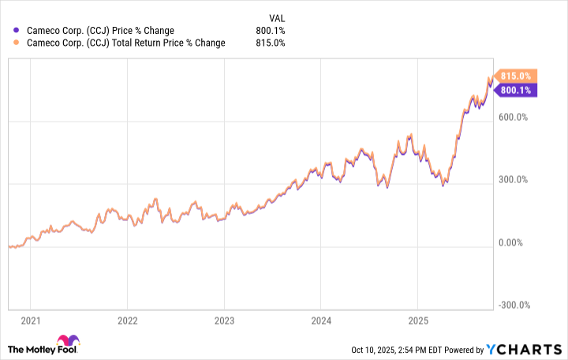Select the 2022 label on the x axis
[x=127, y=321]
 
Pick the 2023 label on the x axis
[x=224, y=321]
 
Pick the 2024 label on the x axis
[x=321, y=321]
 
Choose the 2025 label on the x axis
[x=418, y=321]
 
